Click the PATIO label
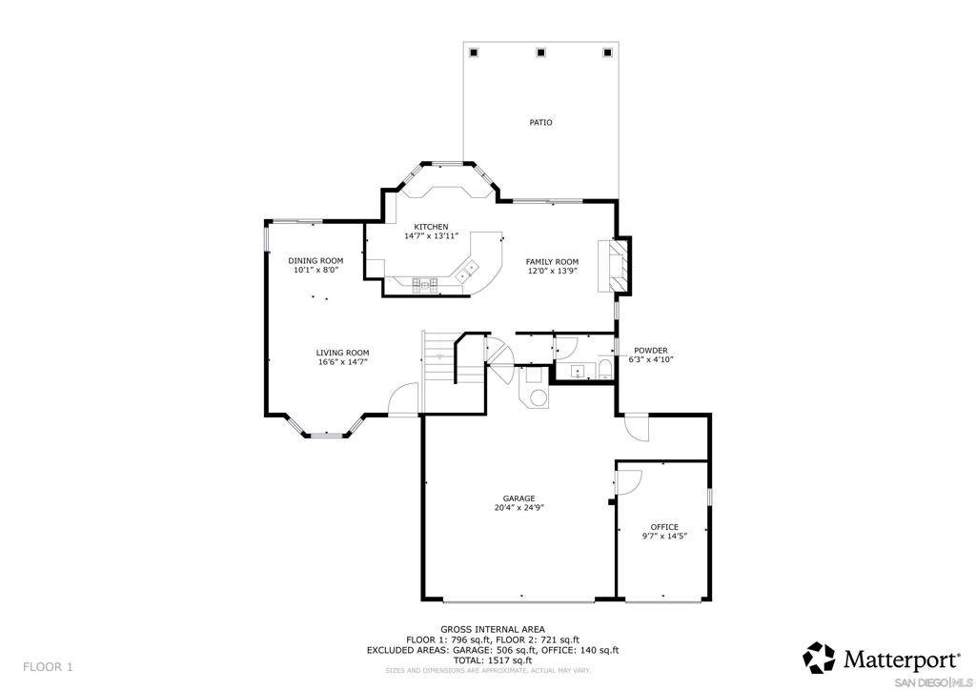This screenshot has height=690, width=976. [540, 123]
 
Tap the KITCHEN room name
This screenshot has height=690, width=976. [432, 227]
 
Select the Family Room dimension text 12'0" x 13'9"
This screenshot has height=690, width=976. [552, 271]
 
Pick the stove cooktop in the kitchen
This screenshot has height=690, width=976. [424, 284]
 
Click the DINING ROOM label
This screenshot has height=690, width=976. [315, 261]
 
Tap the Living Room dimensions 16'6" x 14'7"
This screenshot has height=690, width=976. [342, 361]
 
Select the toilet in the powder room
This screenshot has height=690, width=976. [605, 370]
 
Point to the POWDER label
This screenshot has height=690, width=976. [650, 351]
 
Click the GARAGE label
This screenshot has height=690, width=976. [519, 498]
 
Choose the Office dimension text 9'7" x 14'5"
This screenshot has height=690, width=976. [664, 536]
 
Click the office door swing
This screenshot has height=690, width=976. [629, 481]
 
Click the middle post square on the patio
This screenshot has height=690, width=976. [540, 52]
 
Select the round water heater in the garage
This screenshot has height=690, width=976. [538, 397]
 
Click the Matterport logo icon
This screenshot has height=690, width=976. [819, 658]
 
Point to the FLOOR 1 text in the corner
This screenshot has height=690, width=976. [48, 667]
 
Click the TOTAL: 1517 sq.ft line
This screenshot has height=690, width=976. [493, 660]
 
